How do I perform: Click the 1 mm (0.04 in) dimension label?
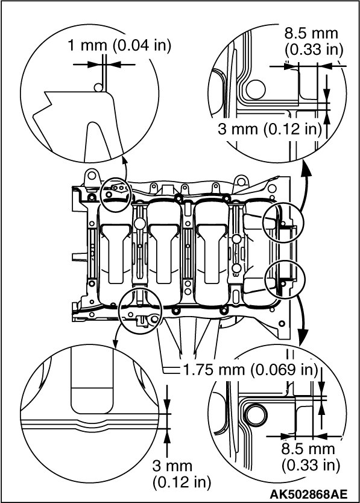[119, 46]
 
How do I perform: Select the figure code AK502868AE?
[308, 494]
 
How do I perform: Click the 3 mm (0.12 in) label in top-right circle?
[270, 129]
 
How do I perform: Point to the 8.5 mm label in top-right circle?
[311, 33]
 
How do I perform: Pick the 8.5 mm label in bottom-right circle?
[308, 449]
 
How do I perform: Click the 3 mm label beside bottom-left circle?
[172, 466]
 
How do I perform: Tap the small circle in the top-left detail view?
[98, 87]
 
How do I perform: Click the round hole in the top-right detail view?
[256, 89]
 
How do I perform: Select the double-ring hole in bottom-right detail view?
[255, 416]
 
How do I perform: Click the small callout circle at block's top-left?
[115, 194]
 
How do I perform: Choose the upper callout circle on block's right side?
[283, 223]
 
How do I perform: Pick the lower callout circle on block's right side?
[286, 279]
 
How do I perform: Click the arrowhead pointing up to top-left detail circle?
[124, 160]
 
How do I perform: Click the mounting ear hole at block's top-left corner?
[92, 176]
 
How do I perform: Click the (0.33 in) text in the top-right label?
[314, 49]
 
